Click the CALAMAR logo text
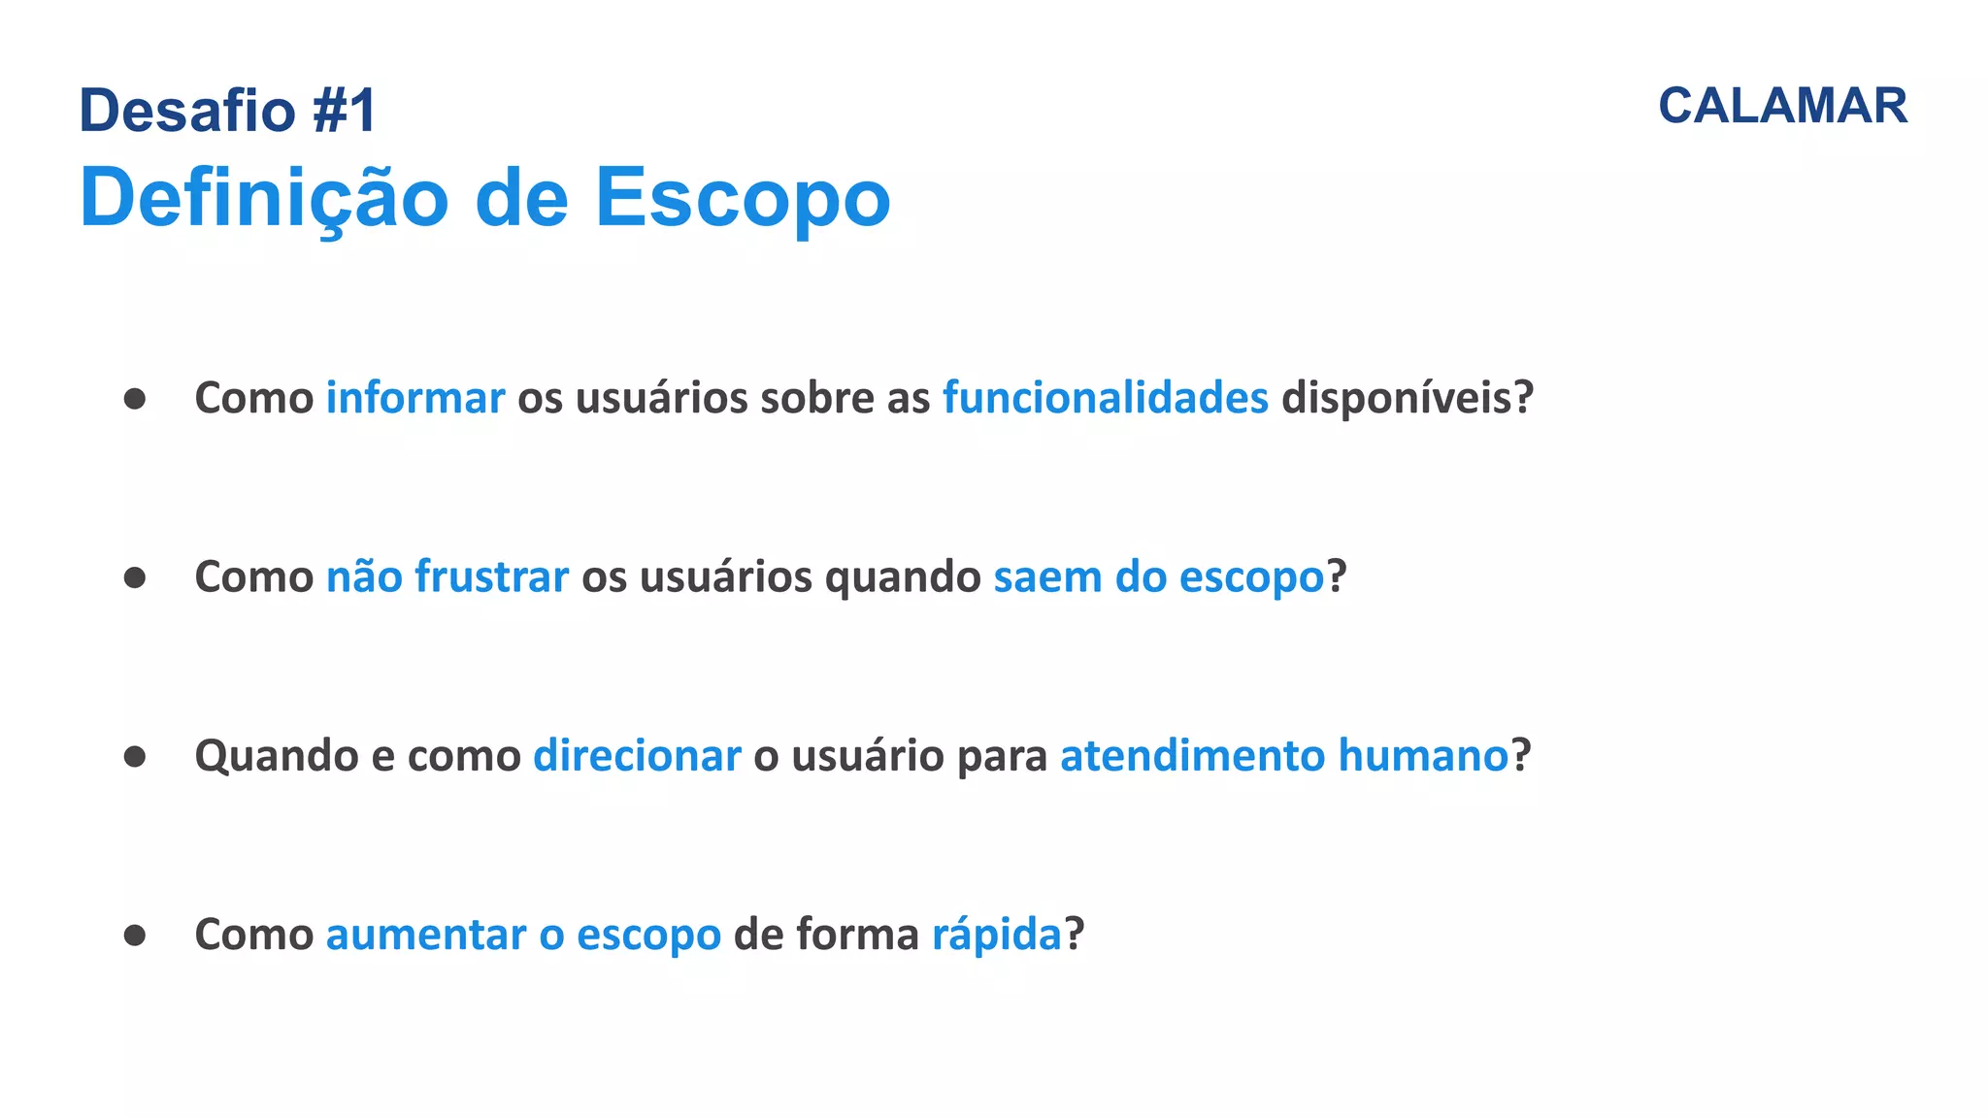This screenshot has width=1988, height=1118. pos(1782,106)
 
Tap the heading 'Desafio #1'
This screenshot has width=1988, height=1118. pos(227,110)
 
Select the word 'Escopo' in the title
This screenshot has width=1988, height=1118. pos(743,198)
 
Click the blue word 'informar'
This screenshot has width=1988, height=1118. pos(415,398)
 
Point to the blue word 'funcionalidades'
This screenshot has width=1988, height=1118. pos(1106,398)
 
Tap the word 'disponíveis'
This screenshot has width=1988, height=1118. pos(1398,398)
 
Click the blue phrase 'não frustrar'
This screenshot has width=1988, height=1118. pos(447,576)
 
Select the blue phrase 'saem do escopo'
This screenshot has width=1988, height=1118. pos(1159,576)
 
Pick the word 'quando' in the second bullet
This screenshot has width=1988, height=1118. pos(903,576)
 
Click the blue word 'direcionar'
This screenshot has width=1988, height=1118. pos(637,755)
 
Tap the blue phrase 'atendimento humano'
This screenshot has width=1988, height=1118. pos(1284,755)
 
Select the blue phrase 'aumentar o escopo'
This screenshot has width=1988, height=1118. pos(523,935)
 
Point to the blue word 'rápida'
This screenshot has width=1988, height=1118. pos(997,935)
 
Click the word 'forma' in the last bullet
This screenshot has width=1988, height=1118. pos(857,935)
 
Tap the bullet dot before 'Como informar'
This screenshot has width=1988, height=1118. pos(135,399)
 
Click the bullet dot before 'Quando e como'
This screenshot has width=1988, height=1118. pos(135,756)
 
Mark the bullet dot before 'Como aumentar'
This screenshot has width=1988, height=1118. pos(135,935)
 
